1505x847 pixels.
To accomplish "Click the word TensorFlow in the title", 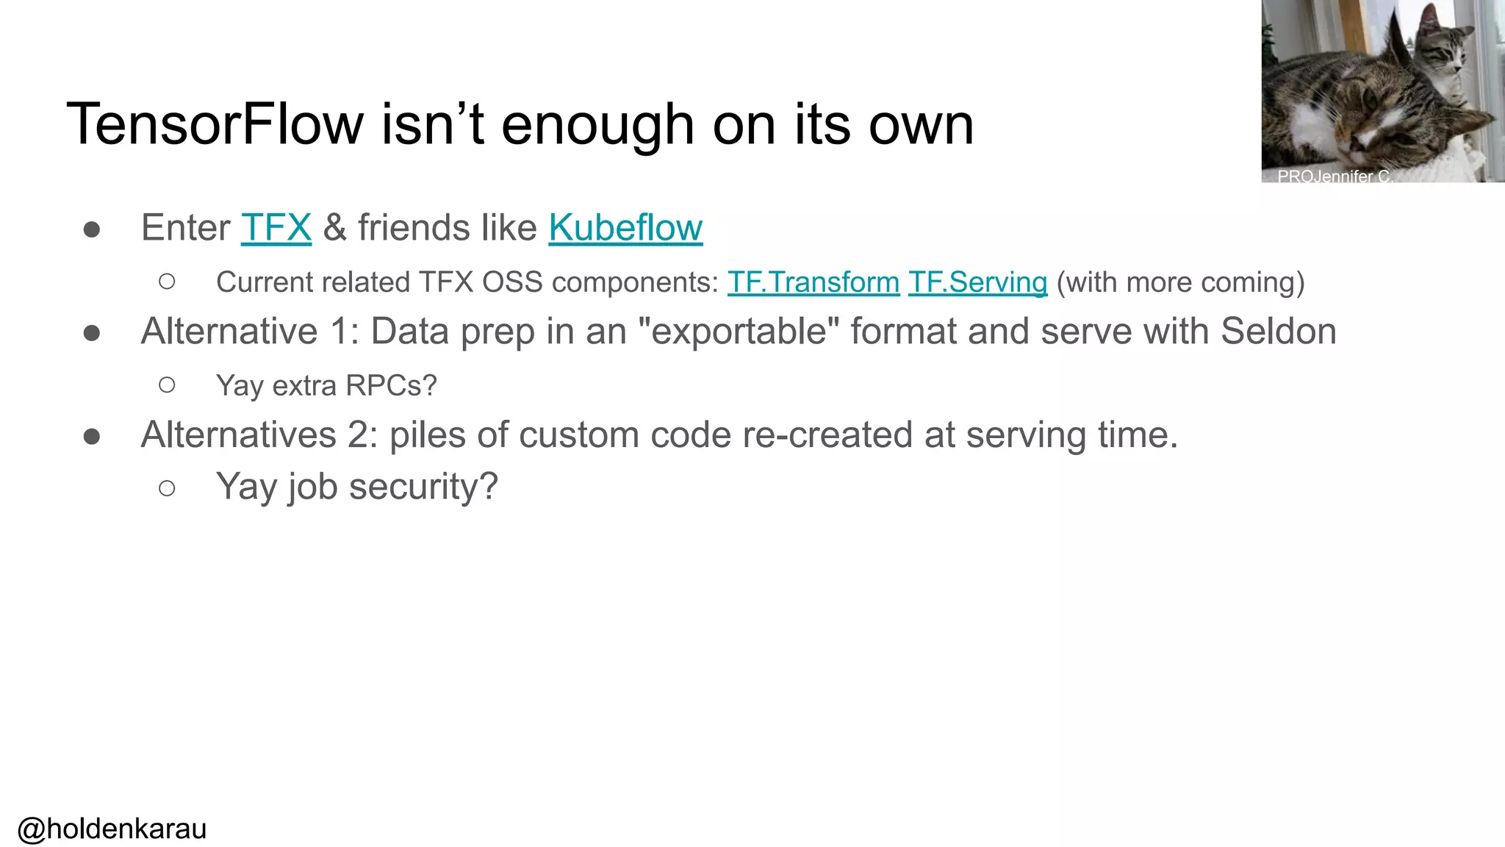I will (x=215, y=124).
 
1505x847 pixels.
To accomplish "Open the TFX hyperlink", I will (x=276, y=228).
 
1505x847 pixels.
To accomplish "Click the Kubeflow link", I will (x=625, y=228).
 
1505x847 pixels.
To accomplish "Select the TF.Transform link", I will (x=813, y=282).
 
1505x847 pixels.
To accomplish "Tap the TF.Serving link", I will (x=977, y=282).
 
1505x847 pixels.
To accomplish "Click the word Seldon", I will (x=1278, y=332).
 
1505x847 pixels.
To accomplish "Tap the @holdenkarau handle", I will (x=112, y=829).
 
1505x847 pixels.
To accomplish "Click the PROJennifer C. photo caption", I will (x=1334, y=176).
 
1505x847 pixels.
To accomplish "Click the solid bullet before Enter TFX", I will (x=92, y=230).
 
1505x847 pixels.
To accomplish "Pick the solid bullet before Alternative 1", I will (x=92, y=334).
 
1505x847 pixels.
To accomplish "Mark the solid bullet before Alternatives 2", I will (x=92, y=437).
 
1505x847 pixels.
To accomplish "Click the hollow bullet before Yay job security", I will (x=167, y=488).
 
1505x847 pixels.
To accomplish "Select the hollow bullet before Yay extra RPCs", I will (x=167, y=385).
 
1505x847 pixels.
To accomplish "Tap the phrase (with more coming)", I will (x=1180, y=282).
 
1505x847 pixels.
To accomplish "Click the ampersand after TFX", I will (x=334, y=228).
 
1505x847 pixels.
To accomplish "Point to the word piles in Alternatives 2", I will (x=428, y=435).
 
